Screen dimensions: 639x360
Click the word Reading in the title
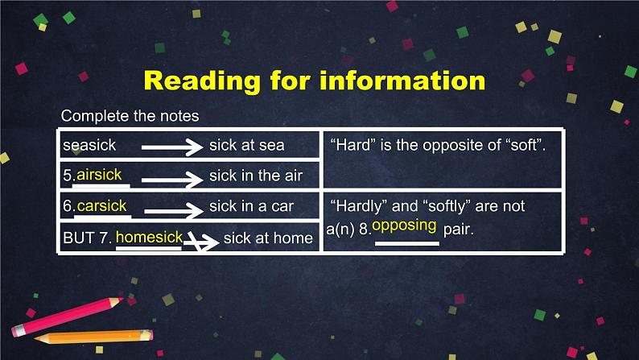(x=202, y=81)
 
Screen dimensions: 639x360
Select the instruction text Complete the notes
(x=130, y=116)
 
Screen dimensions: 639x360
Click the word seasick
(x=89, y=145)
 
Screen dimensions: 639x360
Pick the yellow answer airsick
(x=99, y=175)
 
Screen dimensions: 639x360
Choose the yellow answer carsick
(x=101, y=206)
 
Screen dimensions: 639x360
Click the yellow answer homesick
(x=149, y=238)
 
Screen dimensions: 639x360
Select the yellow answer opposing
(x=404, y=226)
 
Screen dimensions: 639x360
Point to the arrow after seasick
(x=172, y=147)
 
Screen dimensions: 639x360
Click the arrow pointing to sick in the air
(x=172, y=179)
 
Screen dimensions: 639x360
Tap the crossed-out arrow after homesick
(x=201, y=242)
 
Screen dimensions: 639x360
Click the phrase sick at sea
(x=247, y=145)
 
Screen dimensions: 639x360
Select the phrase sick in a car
(x=251, y=206)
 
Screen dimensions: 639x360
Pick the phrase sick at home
(x=268, y=238)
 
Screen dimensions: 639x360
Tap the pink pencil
(x=68, y=317)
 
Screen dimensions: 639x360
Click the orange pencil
(x=94, y=337)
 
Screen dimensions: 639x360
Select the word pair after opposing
(x=459, y=230)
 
